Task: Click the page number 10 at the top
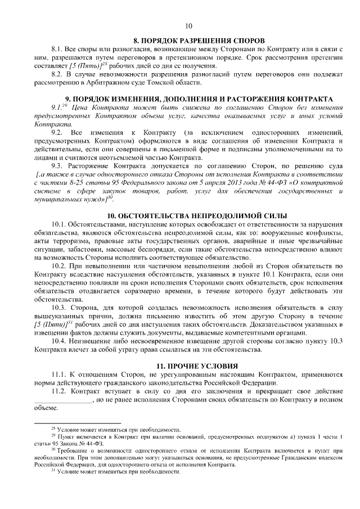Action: coord(188,25)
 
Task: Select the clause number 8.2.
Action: coord(57,74)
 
